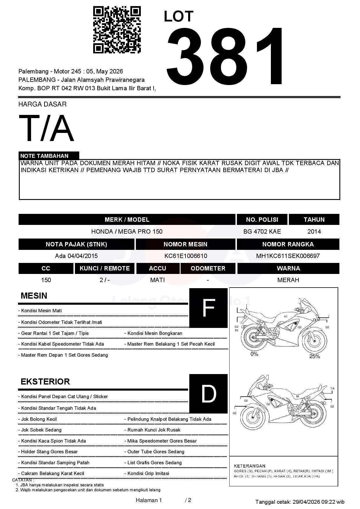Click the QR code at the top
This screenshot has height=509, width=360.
click(x=117, y=30)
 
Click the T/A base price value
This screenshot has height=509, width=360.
click(x=46, y=128)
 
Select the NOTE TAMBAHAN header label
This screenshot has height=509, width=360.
click(x=44, y=156)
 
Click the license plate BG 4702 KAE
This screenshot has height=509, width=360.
click(x=262, y=232)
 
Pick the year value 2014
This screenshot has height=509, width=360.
click(x=314, y=232)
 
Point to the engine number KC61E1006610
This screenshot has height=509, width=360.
click(x=186, y=256)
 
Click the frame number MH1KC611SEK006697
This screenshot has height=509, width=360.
click(x=288, y=256)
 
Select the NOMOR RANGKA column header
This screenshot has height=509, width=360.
click(x=288, y=244)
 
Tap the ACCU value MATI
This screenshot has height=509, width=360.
click(x=157, y=280)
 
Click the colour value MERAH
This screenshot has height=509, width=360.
click(x=288, y=280)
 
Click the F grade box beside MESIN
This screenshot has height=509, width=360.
click(x=208, y=308)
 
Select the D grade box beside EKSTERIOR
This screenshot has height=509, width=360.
click(x=208, y=394)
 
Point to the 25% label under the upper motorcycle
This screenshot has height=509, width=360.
click(x=314, y=356)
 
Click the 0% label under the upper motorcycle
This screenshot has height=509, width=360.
click(x=254, y=354)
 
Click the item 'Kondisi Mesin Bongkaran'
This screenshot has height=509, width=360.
click(x=155, y=333)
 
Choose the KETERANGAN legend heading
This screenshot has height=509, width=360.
click(x=250, y=466)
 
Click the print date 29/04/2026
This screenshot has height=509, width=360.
click(x=306, y=502)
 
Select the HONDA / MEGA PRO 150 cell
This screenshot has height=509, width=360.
click(x=127, y=232)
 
